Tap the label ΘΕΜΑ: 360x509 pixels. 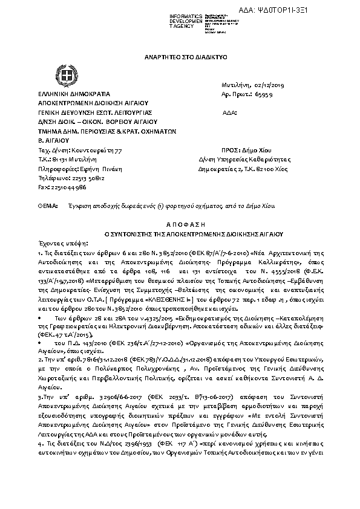[x=47, y=206]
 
